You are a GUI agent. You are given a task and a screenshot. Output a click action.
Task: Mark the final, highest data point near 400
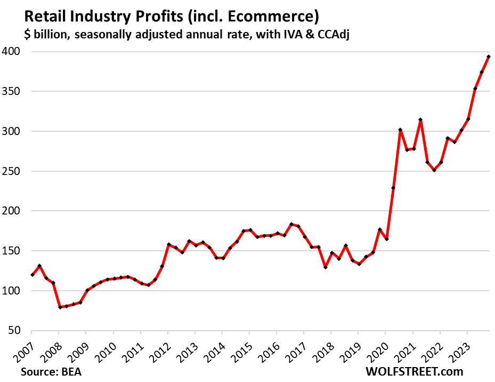pos(489,57)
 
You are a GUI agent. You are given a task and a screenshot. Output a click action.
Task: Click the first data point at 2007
pos(33,275)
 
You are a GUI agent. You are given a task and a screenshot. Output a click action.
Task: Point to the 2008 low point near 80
pos(60,307)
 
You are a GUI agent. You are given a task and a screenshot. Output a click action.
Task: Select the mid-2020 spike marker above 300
pos(400,130)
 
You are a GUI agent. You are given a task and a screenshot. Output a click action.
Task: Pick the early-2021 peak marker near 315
pos(420,120)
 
